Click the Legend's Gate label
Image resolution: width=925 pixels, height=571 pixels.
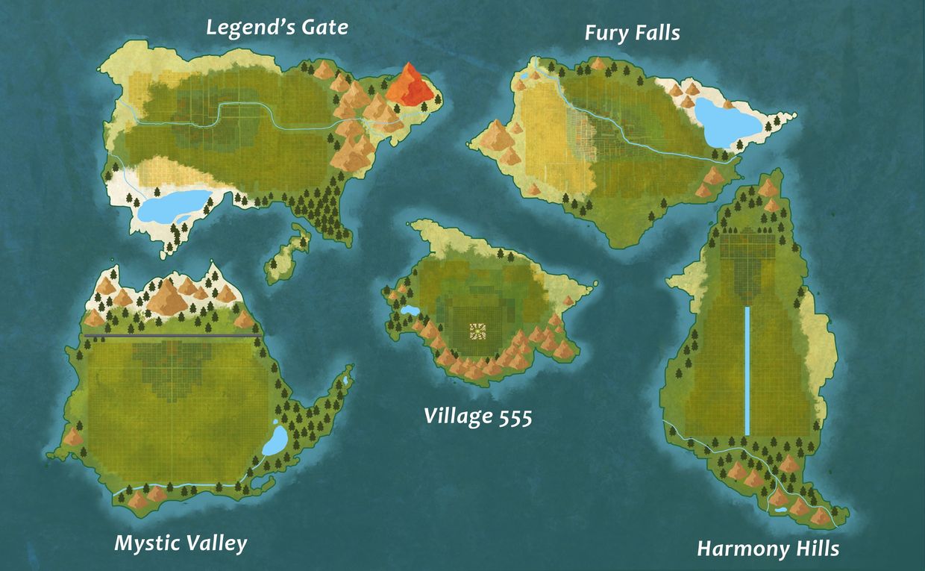click(x=277, y=28)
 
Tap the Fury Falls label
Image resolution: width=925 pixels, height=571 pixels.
click(x=632, y=34)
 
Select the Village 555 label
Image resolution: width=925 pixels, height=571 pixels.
click(x=478, y=416)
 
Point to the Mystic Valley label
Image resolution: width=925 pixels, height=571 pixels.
click(x=181, y=543)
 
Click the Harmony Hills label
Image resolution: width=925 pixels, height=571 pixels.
click(x=768, y=549)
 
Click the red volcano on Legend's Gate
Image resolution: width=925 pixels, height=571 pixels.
click(x=409, y=84)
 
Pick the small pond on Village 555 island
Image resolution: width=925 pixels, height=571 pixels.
click(x=410, y=310)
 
